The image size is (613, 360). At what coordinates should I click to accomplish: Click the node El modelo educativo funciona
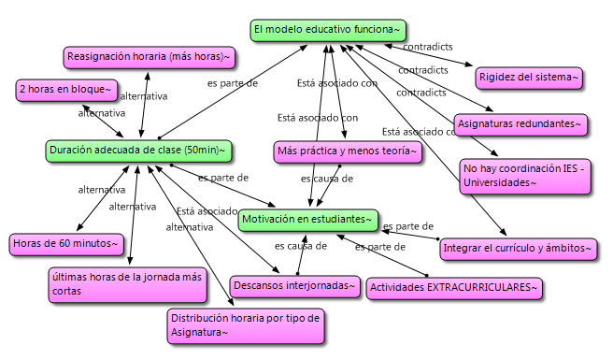click(329, 30)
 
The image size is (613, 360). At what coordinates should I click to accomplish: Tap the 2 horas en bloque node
click(66, 90)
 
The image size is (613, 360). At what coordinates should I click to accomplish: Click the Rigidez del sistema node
click(529, 77)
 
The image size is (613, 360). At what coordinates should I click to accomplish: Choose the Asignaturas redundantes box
click(520, 122)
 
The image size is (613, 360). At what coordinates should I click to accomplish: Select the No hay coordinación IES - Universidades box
click(525, 176)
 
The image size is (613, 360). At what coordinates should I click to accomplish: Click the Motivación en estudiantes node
click(307, 220)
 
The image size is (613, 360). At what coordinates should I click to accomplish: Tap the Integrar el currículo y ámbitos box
click(517, 248)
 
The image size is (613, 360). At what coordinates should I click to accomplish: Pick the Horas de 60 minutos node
click(66, 244)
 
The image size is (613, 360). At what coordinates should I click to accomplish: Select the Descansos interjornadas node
click(294, 284)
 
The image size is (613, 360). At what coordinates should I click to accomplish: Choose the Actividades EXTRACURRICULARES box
click(454, 287)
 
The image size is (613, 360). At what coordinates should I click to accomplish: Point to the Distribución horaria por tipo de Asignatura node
click(246, 324)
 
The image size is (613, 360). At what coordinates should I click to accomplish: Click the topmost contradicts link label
click(427, 46)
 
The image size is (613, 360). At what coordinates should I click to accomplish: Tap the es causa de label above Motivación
click(326, 177)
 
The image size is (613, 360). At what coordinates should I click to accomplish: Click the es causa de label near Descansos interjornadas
click(300, 247)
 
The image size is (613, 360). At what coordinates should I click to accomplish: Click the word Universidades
click(501, 182)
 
